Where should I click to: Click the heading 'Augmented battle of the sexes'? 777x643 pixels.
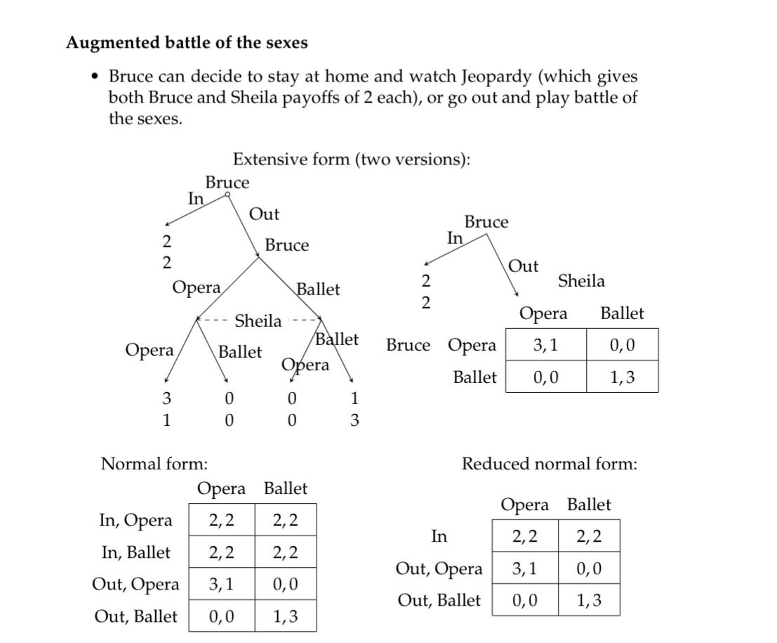187,43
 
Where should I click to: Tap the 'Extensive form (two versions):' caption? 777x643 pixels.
351,159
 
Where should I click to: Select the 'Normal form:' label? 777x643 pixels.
154,464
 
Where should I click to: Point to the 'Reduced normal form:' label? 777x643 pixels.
549,464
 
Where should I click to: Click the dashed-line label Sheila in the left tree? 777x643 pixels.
258,321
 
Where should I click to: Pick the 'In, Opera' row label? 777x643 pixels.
135,520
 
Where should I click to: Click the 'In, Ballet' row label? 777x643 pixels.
135,552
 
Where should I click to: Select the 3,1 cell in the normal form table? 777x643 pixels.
222,584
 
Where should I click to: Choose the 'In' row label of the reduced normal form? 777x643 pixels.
439,537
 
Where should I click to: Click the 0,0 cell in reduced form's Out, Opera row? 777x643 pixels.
589,569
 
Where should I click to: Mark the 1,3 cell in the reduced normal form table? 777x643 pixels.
589,601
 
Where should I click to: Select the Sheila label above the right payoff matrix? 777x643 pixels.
581,281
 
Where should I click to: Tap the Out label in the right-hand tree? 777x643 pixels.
523,266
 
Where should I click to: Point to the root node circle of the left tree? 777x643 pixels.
227,195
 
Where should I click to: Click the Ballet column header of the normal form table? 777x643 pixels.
285,488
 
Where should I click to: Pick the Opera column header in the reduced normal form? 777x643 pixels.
525,505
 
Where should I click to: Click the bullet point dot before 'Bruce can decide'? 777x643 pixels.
95,76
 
